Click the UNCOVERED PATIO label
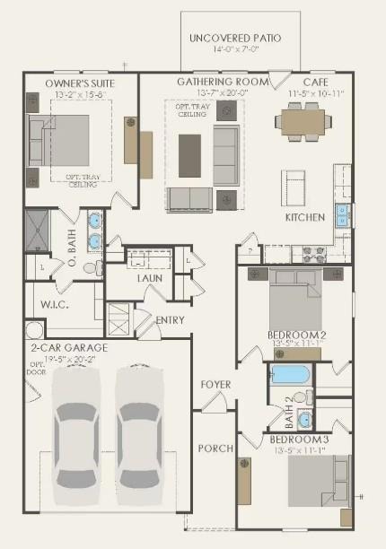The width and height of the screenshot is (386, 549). coord(235,39)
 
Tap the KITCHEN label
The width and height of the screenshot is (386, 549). coord(304,218)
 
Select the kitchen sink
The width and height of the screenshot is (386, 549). coord(342,215)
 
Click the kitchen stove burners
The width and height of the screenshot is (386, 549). coord(313,253)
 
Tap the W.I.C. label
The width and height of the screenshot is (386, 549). coord(56,304)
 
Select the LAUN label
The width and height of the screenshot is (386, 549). coord(149,278)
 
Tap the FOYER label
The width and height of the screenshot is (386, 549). coord(215,385)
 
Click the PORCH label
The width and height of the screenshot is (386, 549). coord(215,448)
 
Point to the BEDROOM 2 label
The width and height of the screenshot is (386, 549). coord(296,335)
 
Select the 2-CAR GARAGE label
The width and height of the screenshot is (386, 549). coord(68,347)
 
